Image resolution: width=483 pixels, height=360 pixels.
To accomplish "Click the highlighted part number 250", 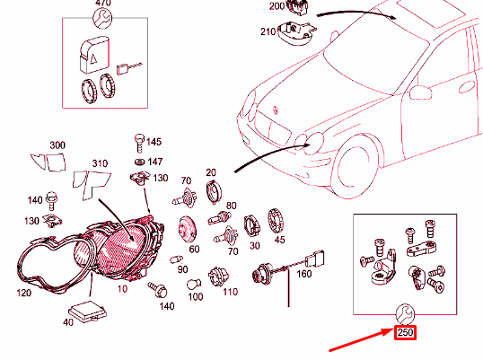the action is click(x=405, y=332).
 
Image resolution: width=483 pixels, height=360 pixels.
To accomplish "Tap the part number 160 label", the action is click(x=304, y=274).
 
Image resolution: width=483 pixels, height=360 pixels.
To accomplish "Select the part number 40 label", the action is click(x=68, y=322).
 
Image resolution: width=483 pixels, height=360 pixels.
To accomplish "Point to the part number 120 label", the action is click(x=24, y=293).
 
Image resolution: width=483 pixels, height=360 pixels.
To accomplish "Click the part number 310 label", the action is click(x=101, y=163).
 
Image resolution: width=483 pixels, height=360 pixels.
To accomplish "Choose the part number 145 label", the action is click(x=154, y=142).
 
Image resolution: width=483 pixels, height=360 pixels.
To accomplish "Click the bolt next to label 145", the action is click(x=139, y=143).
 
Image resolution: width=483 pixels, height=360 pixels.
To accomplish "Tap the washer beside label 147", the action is click(x=140, y=162).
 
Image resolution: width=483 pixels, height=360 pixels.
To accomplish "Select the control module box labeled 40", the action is click(x=87, y=312).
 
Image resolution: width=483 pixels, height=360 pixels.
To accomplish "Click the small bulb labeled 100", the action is click(x=195, y=284).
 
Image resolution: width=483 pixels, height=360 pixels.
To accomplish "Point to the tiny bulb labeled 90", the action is click(x=176, y=259).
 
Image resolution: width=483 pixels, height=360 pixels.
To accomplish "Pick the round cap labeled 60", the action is click(x=187, y=229).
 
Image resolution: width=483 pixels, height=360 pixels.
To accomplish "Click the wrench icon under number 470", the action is click(x=103, y=19).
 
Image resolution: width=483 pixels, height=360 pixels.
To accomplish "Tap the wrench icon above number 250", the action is click(x=405, y=313).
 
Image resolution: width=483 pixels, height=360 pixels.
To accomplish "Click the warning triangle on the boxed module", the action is click(x=94, y=57).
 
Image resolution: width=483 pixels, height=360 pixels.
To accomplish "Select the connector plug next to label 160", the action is click(x=314, y=259).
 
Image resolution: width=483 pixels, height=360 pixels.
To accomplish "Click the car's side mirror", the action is click(x=419, y=92).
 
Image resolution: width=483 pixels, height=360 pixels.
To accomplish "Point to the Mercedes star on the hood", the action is click(x=276, y=110).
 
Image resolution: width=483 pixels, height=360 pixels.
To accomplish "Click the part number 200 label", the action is click(x=277, y=6).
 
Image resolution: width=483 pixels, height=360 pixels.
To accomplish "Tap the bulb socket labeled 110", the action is click(x=218, y=277).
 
